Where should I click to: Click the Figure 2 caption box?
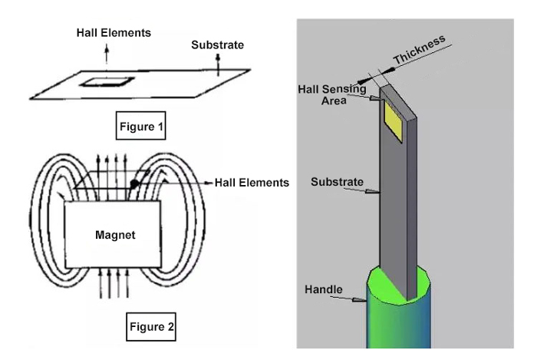point(150,328)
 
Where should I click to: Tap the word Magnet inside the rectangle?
point(115,236)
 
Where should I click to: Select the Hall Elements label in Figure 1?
point(114,33)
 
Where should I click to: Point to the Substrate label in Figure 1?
point(217,45)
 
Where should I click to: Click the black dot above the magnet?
point(134,184)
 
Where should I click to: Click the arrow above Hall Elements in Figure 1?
point(106,51)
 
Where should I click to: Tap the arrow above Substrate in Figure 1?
point(219,64)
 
